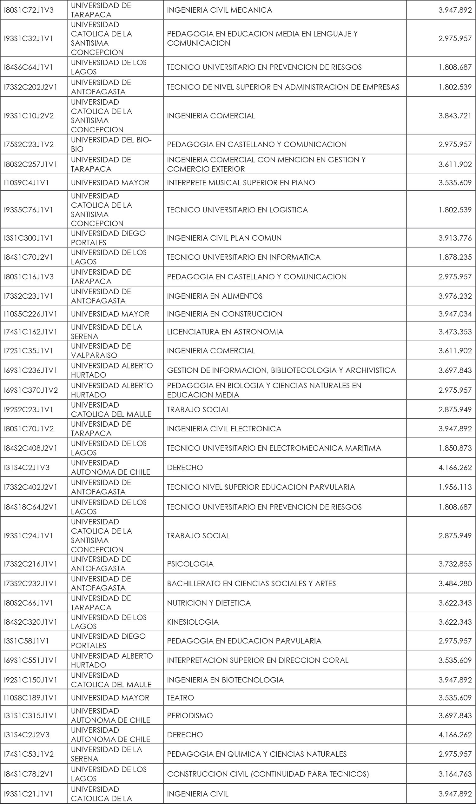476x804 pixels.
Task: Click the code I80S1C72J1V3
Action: point(29,10)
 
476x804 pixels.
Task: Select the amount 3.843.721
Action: point(455,116)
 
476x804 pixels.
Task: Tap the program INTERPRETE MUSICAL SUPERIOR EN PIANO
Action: point(241,183)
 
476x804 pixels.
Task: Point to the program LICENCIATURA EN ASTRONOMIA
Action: point(225,332)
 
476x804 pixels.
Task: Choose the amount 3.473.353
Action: point(455,332)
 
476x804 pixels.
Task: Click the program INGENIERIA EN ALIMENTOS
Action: point(215,296)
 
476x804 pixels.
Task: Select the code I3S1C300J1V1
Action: point(29,238)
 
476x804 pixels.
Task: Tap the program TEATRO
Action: point(180,698)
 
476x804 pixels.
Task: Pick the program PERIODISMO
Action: point(189,715)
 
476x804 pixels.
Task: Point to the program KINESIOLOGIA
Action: point(192,622)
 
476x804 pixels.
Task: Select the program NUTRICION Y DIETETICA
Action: point(209,603)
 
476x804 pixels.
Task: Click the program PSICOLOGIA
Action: point(190,564)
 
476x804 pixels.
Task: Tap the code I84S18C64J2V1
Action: point(30,507)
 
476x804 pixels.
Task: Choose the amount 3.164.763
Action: point(455,774)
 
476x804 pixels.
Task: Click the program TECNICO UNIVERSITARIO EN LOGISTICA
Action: point(237,210)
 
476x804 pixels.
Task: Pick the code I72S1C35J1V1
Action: point(29,351)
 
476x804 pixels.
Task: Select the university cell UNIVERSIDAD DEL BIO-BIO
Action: point(111,144)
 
